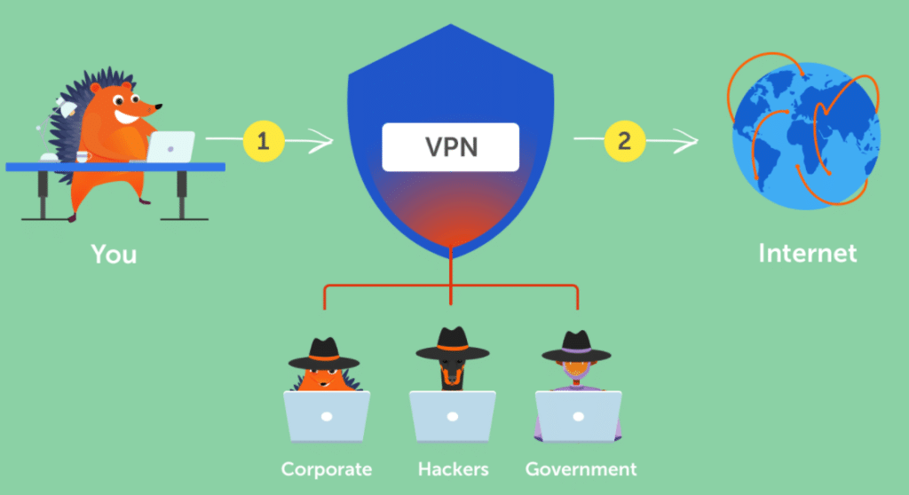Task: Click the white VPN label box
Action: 450,146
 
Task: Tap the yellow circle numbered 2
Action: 624,139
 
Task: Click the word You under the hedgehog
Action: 115,255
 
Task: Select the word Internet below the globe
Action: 807,254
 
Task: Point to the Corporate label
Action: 326,468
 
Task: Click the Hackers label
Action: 452,468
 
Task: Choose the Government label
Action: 581,468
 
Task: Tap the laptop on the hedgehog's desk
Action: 171,146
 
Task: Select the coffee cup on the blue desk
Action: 83,156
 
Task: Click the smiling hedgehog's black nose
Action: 159,107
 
